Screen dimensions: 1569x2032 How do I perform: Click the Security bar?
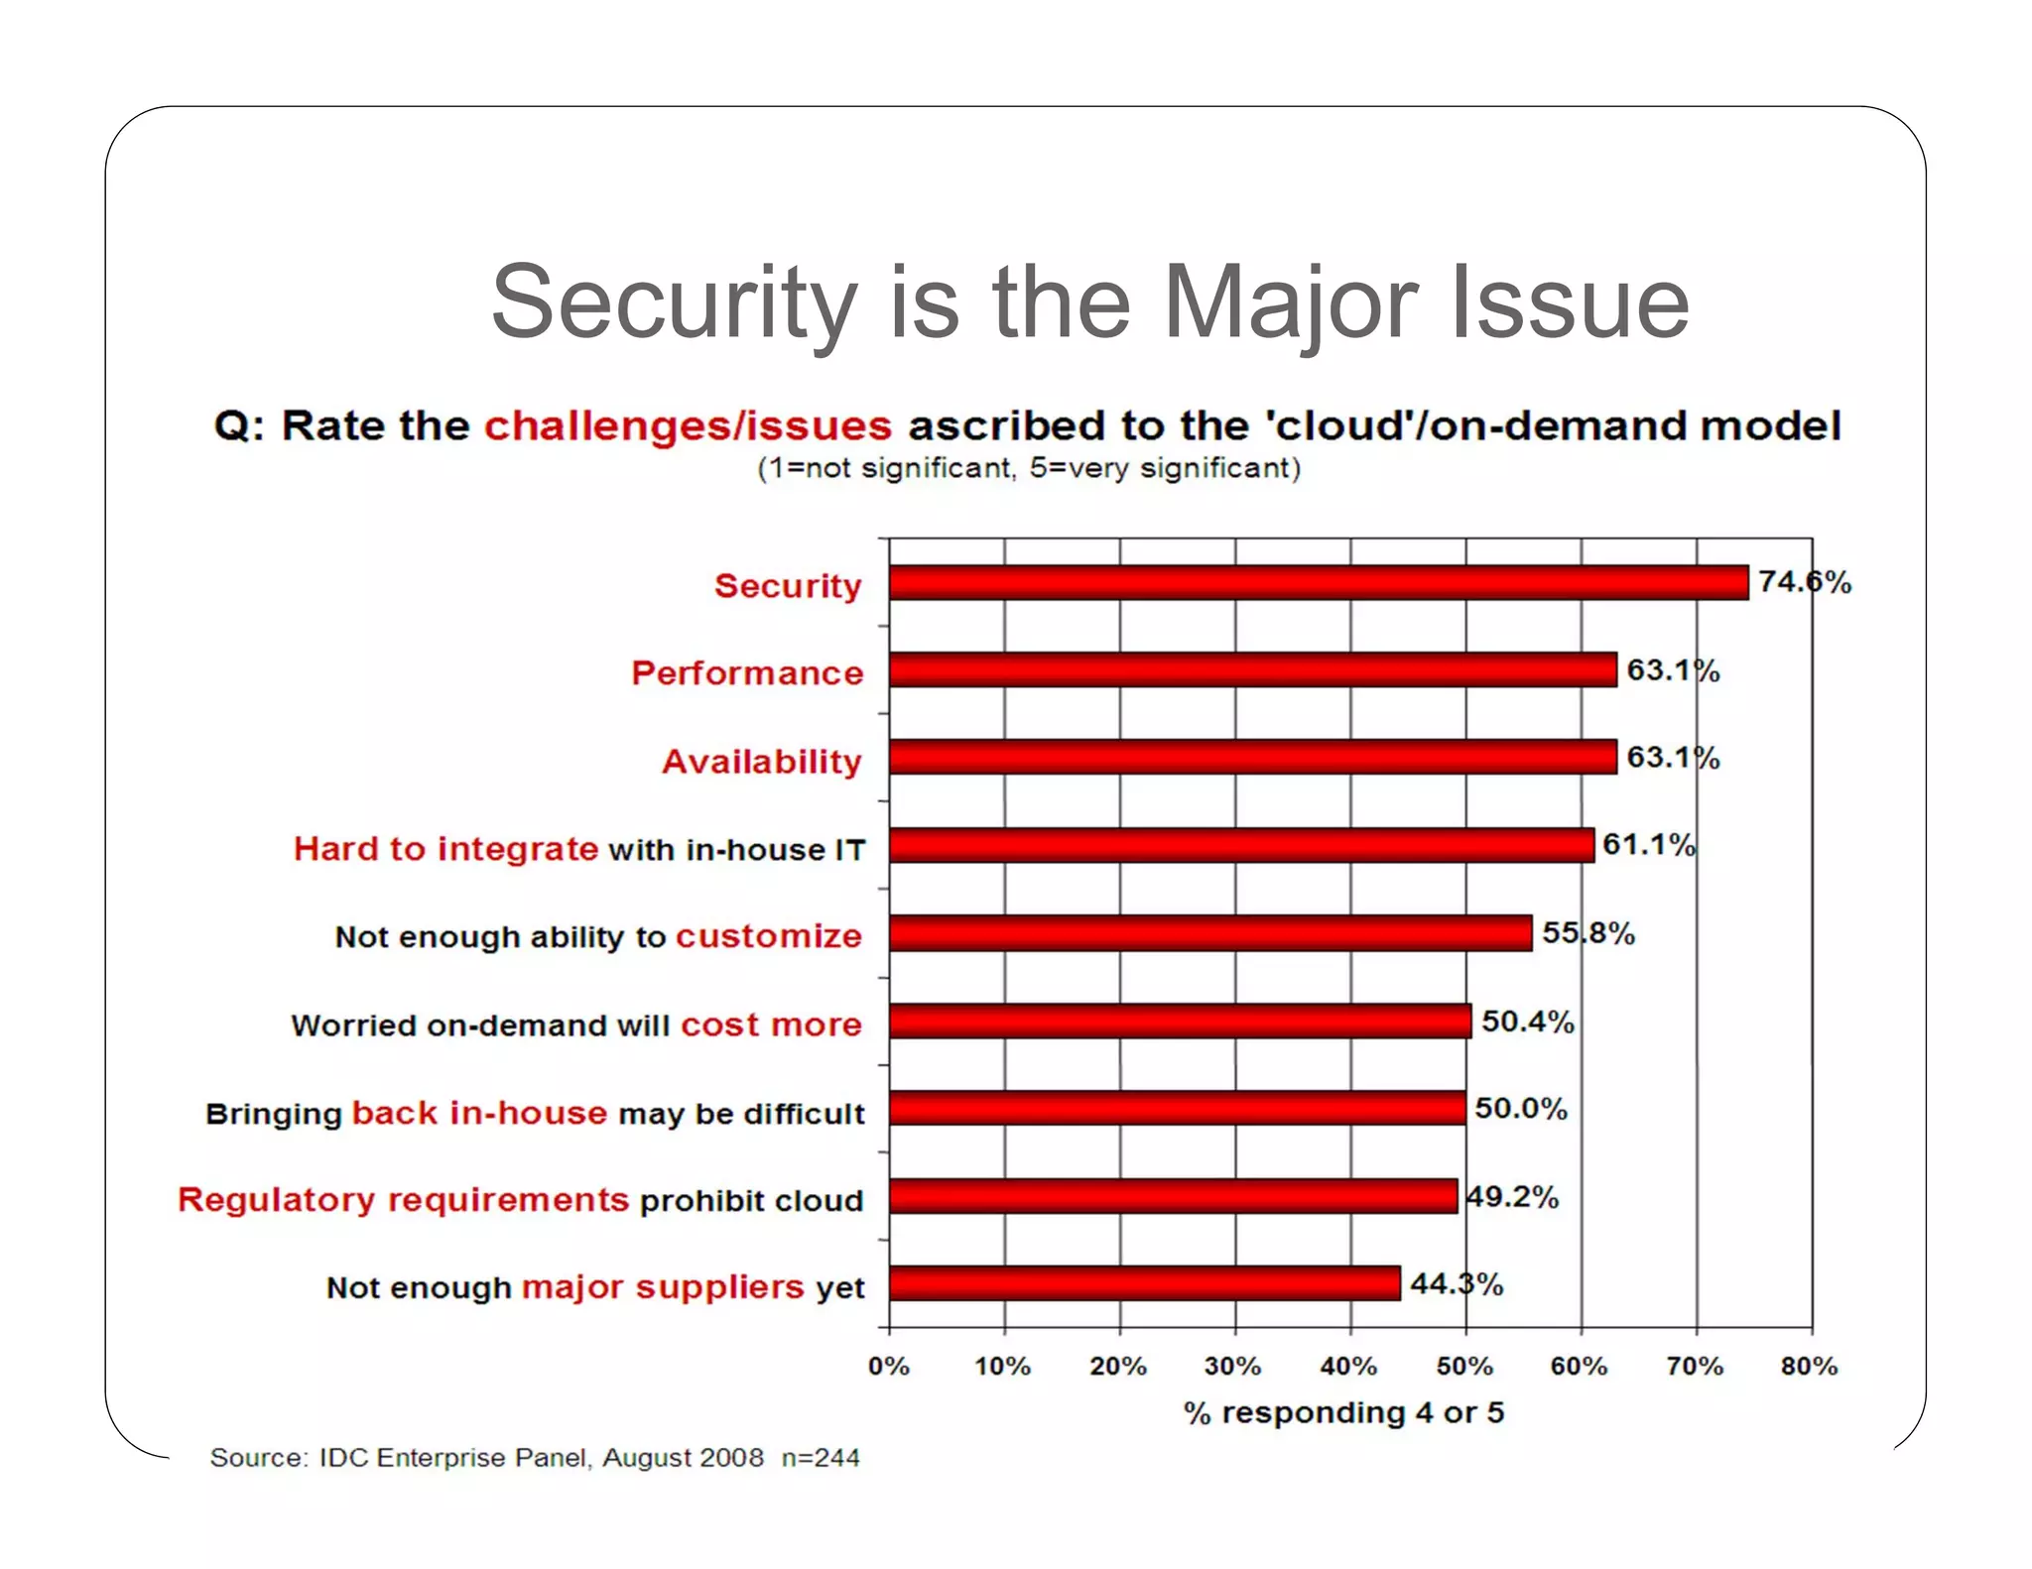1318,582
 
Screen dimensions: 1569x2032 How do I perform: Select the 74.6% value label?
1804,582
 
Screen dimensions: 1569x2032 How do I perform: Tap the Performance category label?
747,673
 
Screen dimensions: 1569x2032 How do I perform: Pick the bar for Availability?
1252,757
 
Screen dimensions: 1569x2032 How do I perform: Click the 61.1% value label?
1648,845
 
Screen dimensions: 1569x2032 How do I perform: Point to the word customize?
768,936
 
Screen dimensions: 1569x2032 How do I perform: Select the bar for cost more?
1179,1021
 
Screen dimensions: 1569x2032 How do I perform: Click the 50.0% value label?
1520,1109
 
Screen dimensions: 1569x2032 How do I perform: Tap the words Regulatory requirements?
403,1200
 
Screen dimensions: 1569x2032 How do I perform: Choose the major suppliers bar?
1144,1283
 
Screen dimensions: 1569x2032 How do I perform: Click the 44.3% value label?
1456,1284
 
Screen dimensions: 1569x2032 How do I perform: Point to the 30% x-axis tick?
1233,1367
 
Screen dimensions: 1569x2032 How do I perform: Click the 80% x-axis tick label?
1809,1367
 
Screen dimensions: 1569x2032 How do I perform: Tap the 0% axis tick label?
888,1367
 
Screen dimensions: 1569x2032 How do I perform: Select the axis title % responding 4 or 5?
1343,1412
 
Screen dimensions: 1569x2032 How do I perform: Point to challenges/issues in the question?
688,426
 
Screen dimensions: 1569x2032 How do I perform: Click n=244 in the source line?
820,1458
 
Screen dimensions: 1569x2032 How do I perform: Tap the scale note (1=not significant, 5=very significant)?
1028,468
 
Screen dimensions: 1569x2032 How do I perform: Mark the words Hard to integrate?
445,849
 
